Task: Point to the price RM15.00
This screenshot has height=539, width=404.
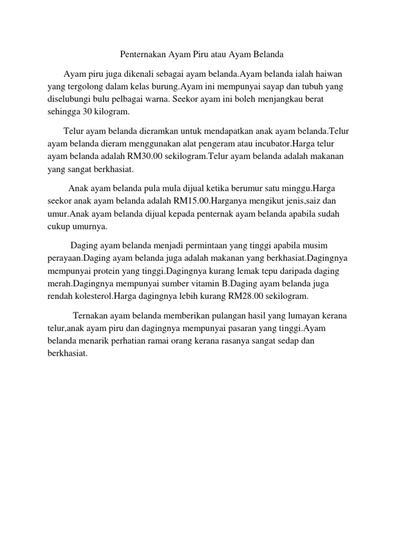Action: pyautogui.click(x=191, y=201)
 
